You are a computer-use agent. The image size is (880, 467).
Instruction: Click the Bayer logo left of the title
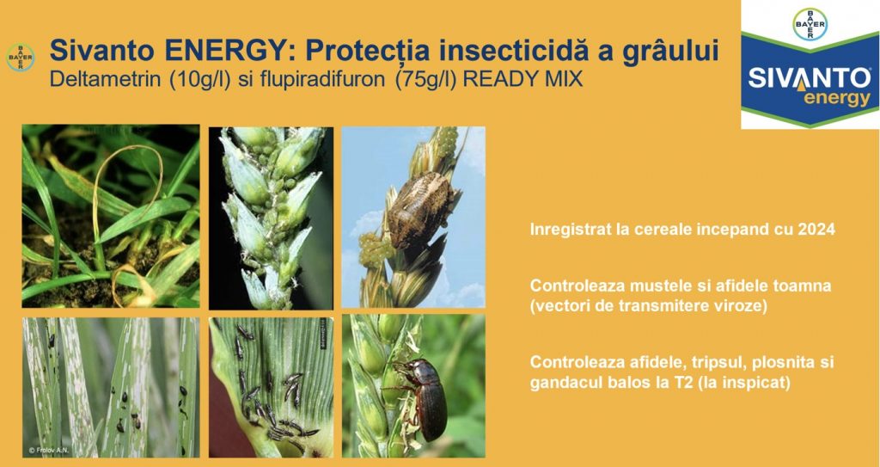(21, 58)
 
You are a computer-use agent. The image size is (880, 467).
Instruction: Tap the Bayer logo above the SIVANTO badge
(810, 24)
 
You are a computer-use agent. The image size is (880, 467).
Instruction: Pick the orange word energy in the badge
(837, 99)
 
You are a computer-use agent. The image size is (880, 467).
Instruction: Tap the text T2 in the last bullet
(716, 384)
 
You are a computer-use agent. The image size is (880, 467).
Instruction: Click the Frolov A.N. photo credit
(49, 451)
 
